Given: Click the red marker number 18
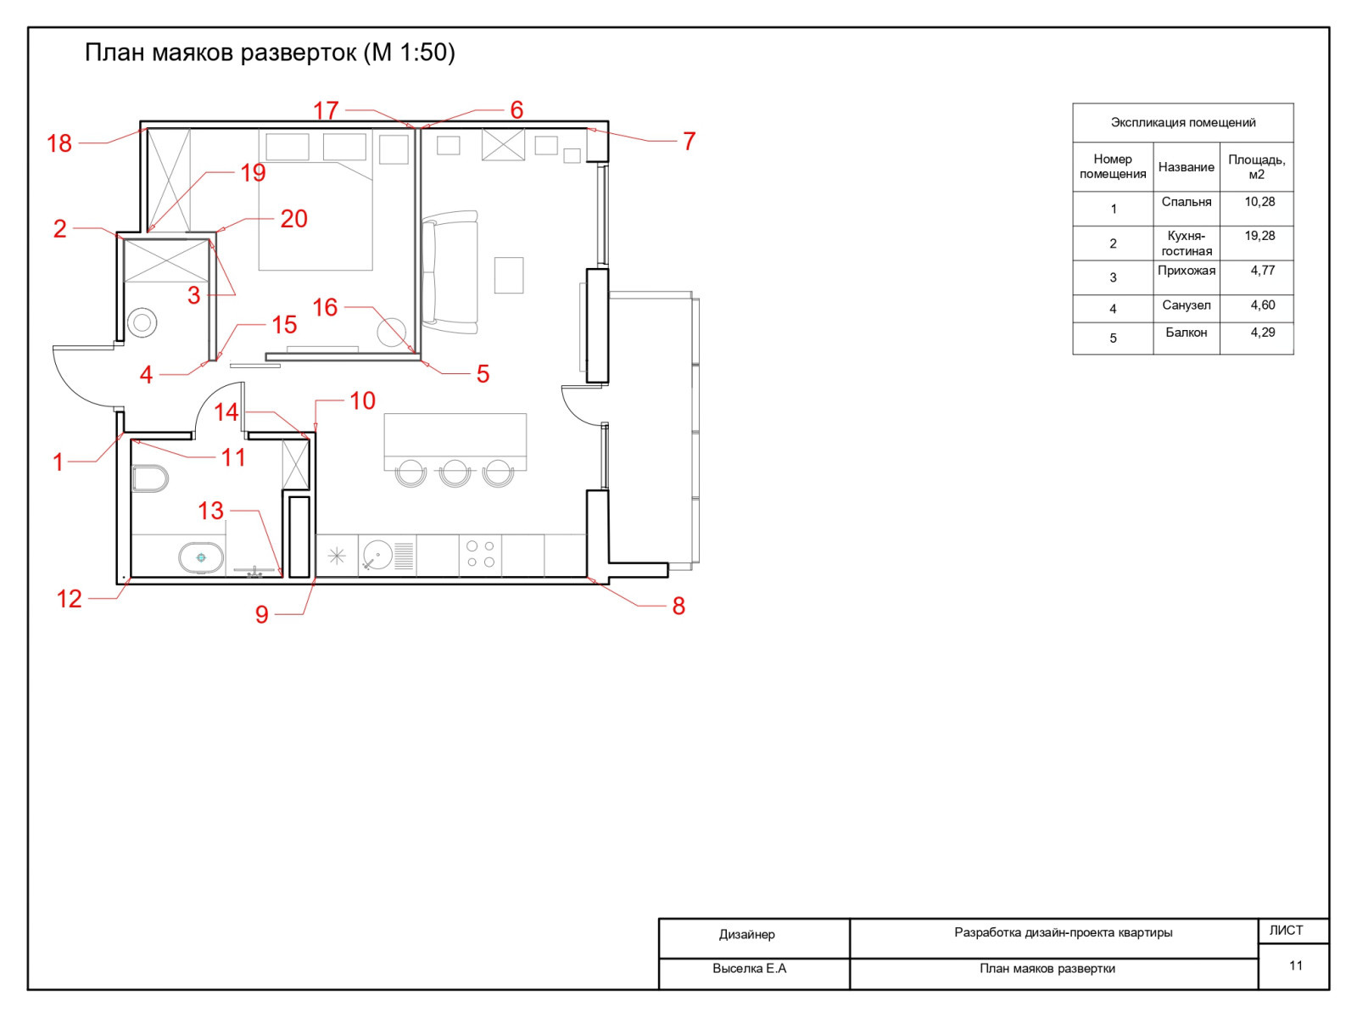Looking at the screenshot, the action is (59, 143).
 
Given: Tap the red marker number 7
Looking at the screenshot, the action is (690, 141).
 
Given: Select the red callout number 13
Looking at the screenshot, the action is (210, 511).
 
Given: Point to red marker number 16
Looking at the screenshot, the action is (325, 307).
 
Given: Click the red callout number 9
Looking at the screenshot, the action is (262, 614).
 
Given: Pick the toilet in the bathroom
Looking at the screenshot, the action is (150, 478).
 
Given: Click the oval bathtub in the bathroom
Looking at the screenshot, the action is (201, 557).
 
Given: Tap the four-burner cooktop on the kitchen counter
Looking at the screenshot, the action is (480, 555).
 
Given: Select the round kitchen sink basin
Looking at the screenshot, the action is (377, 555).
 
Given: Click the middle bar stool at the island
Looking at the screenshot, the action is (455, 473).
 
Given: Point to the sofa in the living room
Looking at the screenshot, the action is (450, 272).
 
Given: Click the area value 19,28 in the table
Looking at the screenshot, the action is (1259, 236).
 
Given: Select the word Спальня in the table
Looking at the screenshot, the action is (1187, 202).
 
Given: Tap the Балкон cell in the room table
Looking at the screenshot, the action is (1187, 333).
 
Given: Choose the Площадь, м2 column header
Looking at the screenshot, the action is (1256, 167).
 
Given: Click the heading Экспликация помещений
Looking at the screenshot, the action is (1183, 122).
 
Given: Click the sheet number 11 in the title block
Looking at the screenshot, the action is (1296, 965).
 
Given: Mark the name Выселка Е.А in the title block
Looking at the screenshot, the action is (749, 969).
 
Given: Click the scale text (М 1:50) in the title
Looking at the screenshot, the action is (410, 53).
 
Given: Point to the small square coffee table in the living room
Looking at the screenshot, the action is (509, 275).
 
